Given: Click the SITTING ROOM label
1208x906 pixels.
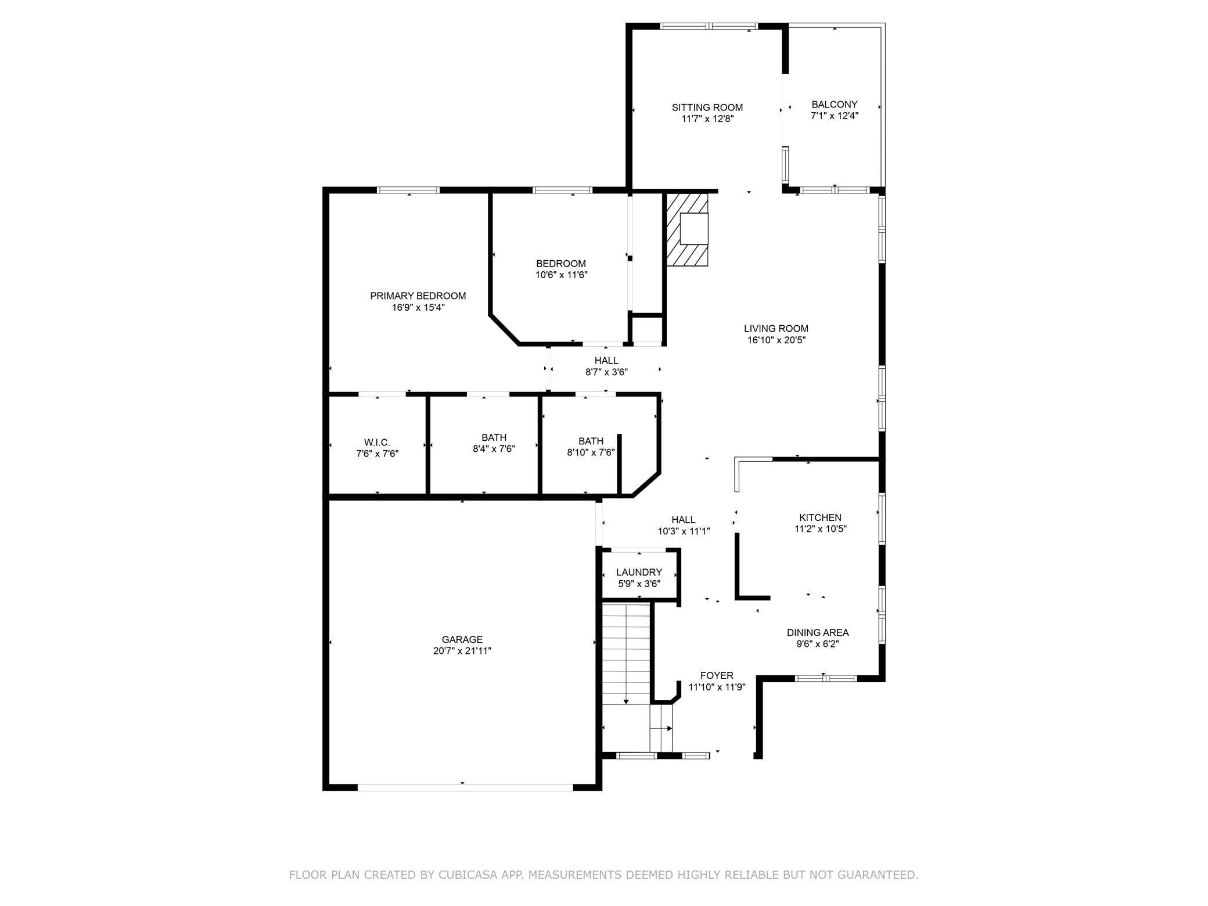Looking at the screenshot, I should (707, 107).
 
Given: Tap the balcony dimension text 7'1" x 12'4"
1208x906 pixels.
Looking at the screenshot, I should (834, 116).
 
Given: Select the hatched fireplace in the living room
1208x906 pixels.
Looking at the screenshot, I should (687, 229).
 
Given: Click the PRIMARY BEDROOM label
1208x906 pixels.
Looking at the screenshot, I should (418, 296).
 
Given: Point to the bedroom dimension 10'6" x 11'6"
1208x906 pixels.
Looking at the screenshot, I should (561, 275).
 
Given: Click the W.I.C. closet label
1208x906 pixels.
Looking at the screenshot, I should (377, 443).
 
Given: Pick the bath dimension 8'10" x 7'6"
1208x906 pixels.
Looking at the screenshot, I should (591, 452).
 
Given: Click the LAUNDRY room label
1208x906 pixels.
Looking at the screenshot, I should (639, 572).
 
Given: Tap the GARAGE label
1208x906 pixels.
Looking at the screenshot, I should (462, 639).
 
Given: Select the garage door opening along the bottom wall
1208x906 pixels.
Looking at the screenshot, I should (465, 787).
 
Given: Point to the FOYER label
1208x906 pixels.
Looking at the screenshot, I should (717, 675).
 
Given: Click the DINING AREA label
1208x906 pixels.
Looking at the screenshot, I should (817, 632).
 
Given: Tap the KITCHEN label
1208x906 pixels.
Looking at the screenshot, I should (820, 517).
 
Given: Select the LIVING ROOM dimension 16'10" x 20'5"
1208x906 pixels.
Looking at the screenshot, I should (776, 340).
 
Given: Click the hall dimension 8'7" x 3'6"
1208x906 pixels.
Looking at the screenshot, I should (606, 372).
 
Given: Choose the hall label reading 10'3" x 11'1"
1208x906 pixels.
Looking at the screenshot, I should (684, 531).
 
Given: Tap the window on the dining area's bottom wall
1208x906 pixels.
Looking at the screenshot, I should (825, 678).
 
